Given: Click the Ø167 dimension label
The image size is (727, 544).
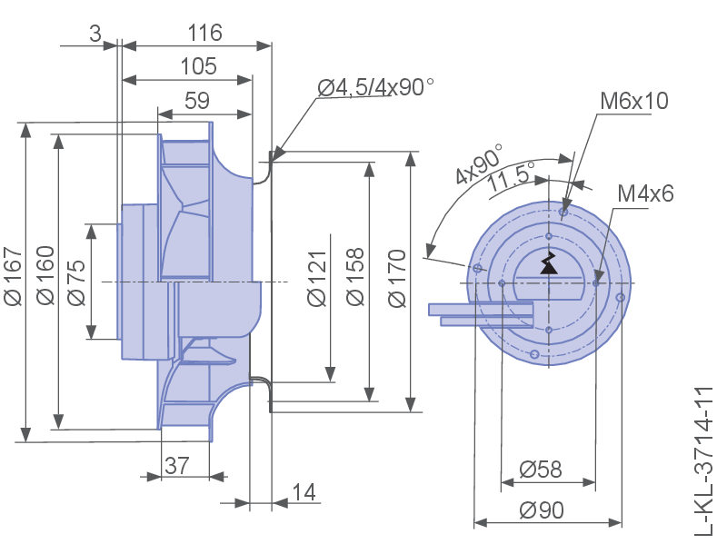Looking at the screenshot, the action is pyautogui.click(x=13, y=277).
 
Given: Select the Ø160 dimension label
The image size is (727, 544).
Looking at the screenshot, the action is pyautogui.click(x=46, y=275).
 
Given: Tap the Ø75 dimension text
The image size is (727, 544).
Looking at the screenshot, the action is pyautogui.click(x=77, y=282).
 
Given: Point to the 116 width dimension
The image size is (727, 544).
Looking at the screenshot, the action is pyautogui.click(x=205, y=33).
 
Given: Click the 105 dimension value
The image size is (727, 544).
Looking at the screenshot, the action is pyautogui.click(x=198, y=66).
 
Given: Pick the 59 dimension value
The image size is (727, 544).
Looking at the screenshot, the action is pyautogui.click(x=197, y=101).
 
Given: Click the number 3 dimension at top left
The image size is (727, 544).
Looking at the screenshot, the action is pyautogui.click(x=95, y=34).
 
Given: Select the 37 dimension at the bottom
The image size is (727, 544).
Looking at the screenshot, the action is pyautogui.click(x=177, y=465).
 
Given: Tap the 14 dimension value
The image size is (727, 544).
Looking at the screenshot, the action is pyautogui.click(x=304, y=492).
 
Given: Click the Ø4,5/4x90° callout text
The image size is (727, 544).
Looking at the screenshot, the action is pyautogui.click(x=375, y=87).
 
